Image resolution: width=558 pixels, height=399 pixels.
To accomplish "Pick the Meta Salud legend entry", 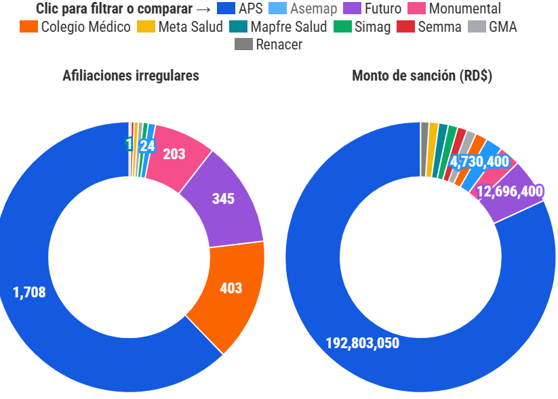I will [x=180, y=27].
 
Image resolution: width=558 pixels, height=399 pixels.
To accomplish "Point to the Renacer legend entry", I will [x=268, y=45].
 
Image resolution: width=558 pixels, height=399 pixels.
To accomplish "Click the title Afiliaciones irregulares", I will [x=131, y=76].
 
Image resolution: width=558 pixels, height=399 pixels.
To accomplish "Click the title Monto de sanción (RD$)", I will [x=422, y=76].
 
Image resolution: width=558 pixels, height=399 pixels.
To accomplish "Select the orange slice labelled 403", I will [x=231, y=288].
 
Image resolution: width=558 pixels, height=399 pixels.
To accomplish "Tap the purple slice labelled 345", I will [x=224, y=199].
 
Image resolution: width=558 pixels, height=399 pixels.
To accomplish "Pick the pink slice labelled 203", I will [x=174, y=154].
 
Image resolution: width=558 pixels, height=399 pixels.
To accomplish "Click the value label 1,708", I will [x=29, y=293].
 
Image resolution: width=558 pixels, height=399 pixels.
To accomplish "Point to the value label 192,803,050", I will [x=363, y=343].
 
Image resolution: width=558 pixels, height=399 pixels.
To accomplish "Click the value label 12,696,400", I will [x=510, y=192].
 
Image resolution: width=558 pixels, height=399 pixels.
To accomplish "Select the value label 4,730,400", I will [x=479, y=161].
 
